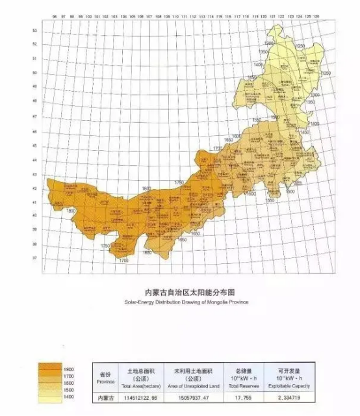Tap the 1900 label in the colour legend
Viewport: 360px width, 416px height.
[69, 369]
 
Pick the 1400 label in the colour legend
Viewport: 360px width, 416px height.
[69, 396]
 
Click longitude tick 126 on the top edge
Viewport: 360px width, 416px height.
[316, 14]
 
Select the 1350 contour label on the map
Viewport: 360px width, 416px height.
[266, 51]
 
